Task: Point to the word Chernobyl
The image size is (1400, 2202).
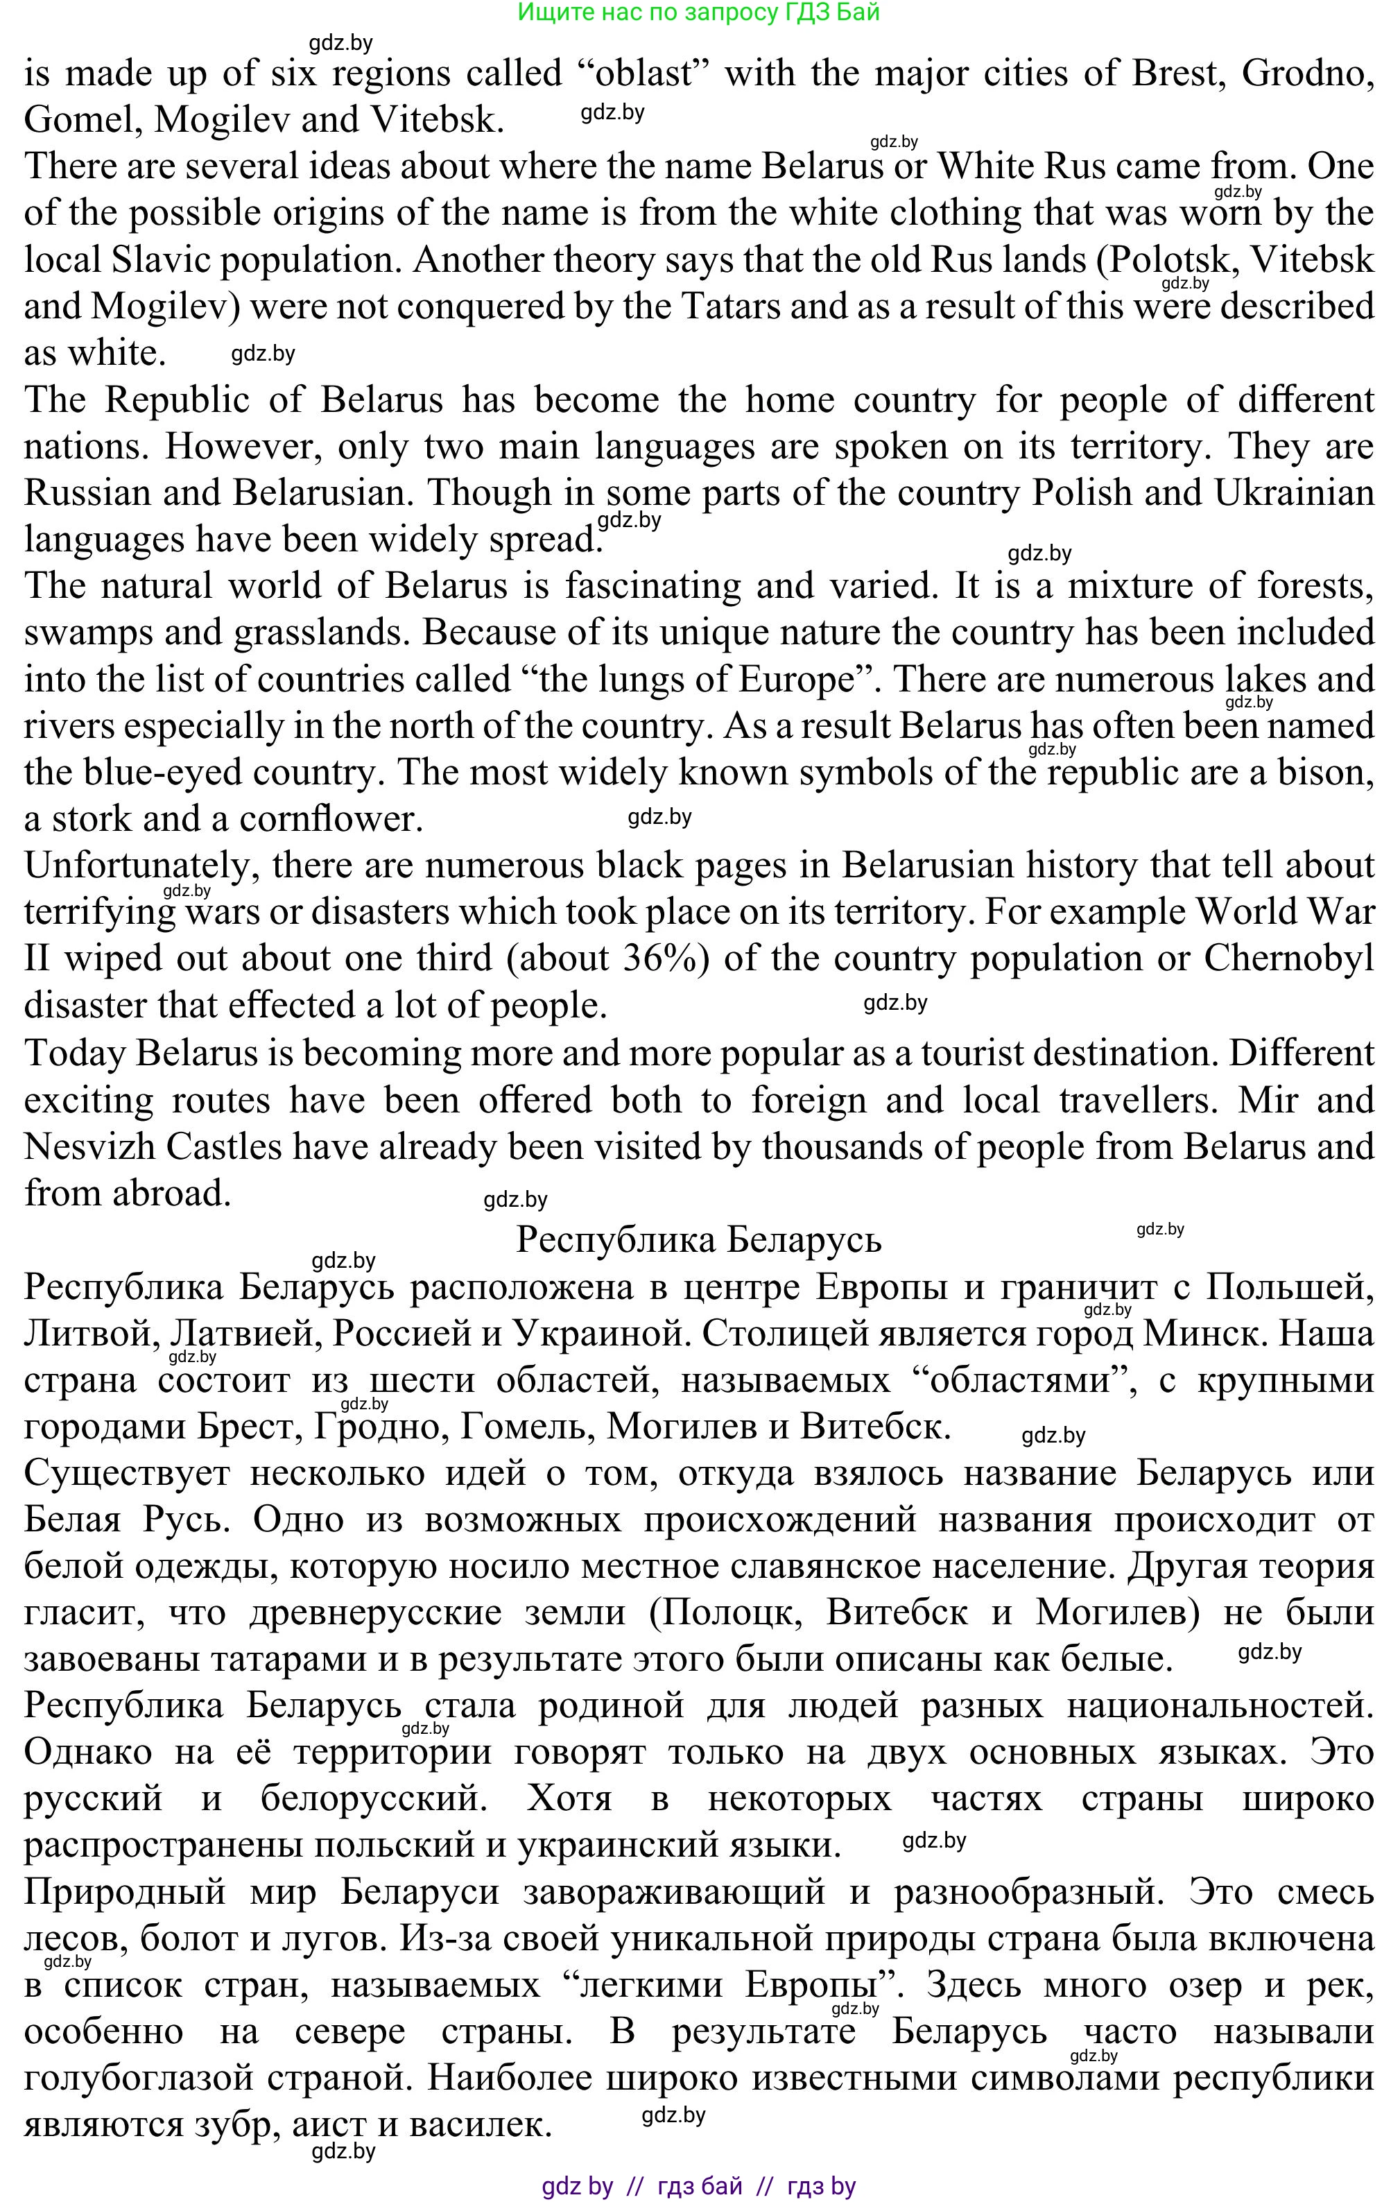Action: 1288,958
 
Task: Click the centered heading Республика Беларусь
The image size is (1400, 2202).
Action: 699,1240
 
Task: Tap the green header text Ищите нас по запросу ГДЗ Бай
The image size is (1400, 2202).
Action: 699,12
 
